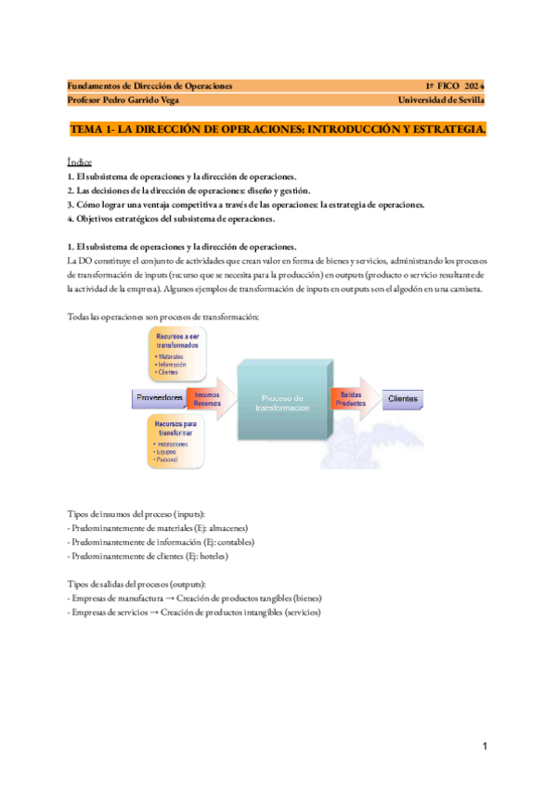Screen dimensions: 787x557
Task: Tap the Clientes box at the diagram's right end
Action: tap(402, 399)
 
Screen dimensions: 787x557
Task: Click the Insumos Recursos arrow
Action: tap(208, 399)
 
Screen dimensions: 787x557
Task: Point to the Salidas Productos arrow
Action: tap(352, 399)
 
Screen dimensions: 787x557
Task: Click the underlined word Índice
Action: tap(80, 161)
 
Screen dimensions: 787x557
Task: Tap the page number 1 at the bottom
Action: tap(484, 746)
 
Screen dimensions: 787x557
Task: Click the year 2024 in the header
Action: tap(473, 85)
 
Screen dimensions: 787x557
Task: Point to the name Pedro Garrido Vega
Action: tap(148, 100)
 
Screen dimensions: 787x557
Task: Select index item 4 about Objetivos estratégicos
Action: tap(172, 219)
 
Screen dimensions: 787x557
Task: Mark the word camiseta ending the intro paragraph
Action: tap(461, 289)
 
